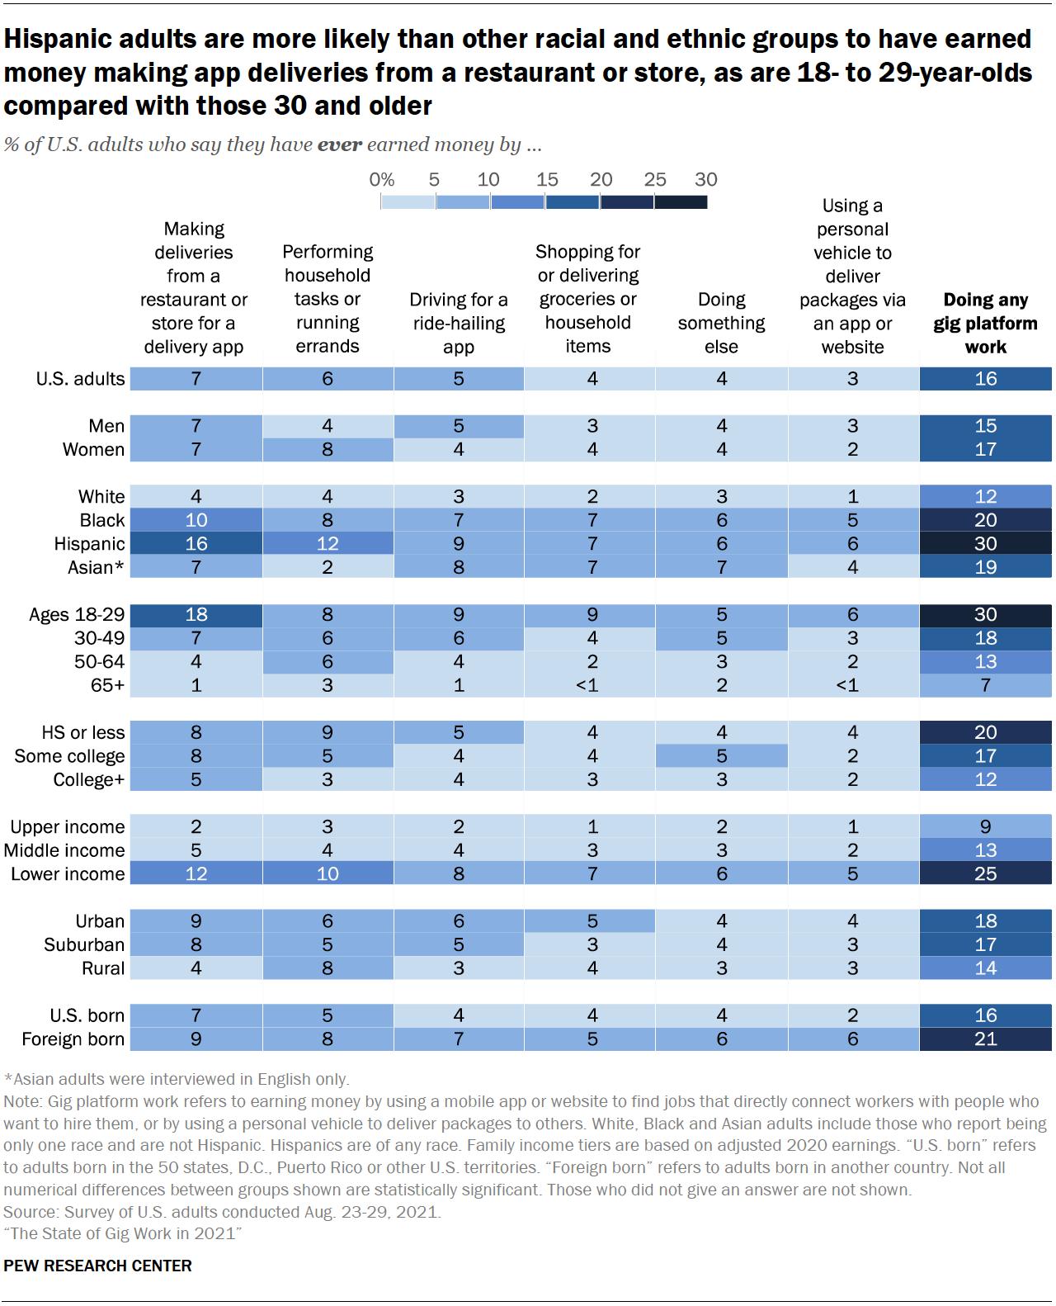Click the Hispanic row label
(x=89, y=544)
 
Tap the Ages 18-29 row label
(x=77, y=615)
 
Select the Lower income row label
(x=68, y=874)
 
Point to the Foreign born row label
(x=73, y=1039)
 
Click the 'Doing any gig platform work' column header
(x=985, y=323)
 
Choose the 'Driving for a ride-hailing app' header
(x=458, y=323)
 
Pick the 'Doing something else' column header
(x=721, y=323)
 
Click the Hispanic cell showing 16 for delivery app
(x=196, y=544)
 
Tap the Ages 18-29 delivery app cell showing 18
(x=196, y=615)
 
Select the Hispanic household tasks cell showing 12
(x=328, y=544)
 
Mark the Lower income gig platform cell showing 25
(x=985, y=874)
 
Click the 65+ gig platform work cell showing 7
(x=985, y=685)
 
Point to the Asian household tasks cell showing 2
(x=328, y=567)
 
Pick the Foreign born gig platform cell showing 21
(x=985, y=1039)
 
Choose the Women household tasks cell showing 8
(x=328, y=450)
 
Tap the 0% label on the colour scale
(x=381, y=180)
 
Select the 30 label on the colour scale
(x=706, y=180)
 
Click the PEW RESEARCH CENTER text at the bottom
(x=98, y=1266)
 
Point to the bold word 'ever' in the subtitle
(x=339, y=145)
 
